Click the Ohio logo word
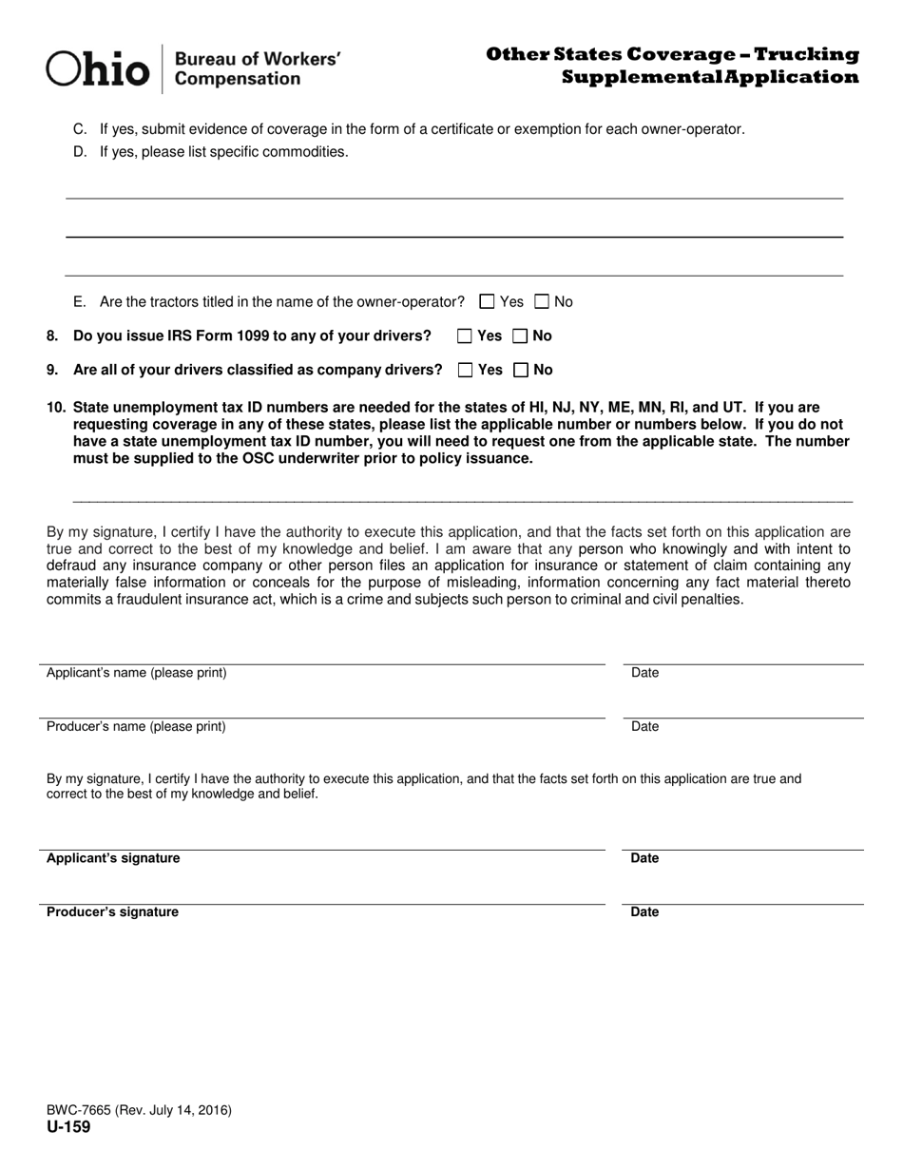[x=98, y=69]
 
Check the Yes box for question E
[x=488, y=302]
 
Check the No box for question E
[x=542, y=302]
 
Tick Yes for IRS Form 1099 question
[x=465, y=335]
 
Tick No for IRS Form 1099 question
[x=520, y=335]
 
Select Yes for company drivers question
[x=465, y=370]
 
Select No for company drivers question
[x=520, y=370]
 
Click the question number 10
[x=56, y=408]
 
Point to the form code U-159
[x=68, y=1127]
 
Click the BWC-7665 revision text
[x=139, y=1110]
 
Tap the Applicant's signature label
[x=113, y=858]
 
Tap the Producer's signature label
[x=112, y=912]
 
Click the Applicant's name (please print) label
[x=136, y=673]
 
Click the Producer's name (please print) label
[x=136, y=727]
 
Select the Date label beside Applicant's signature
[x=644, y=858]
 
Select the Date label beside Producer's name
[x=644, y=727]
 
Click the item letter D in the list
[x=80, y=152]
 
